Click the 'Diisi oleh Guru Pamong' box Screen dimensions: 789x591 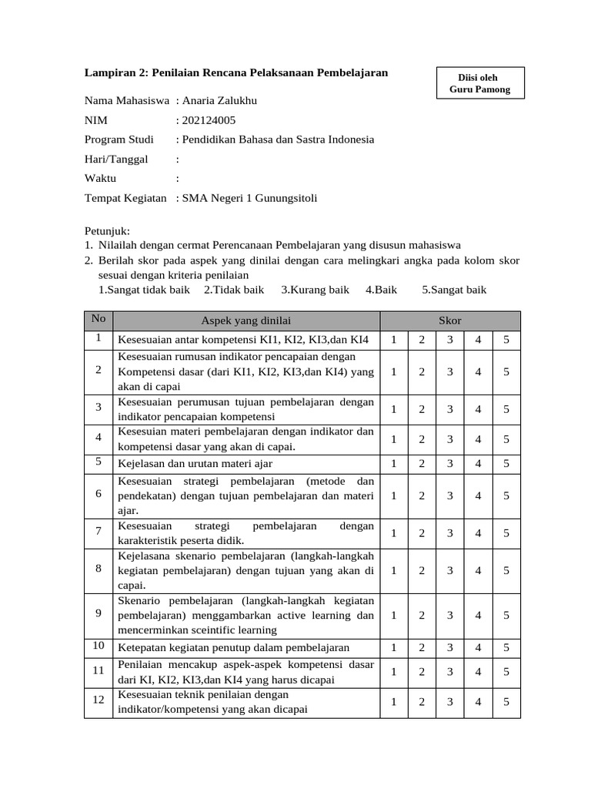(x=479, y=84)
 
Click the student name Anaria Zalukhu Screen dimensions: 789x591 (x=219, y=101)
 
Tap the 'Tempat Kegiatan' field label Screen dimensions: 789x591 (x=125, y=198)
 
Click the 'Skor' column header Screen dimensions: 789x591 (x=450, y=321)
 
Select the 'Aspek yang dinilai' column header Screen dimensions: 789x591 (x=246, y=321)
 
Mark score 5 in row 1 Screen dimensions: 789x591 (x=506, y=340)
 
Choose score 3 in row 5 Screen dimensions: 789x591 (x=450, y=463)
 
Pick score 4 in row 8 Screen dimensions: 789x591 (x=478, y=570)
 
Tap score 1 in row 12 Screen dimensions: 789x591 (x=393, y=702)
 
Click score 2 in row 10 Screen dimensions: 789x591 (x=422, y=648)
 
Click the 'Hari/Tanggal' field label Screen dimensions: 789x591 (x=116, y=159)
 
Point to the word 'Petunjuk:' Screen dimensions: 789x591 (x=108, y=231)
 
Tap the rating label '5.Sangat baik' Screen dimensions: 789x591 (x=454, y=290)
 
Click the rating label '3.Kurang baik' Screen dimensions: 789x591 (x=315, y=290)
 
